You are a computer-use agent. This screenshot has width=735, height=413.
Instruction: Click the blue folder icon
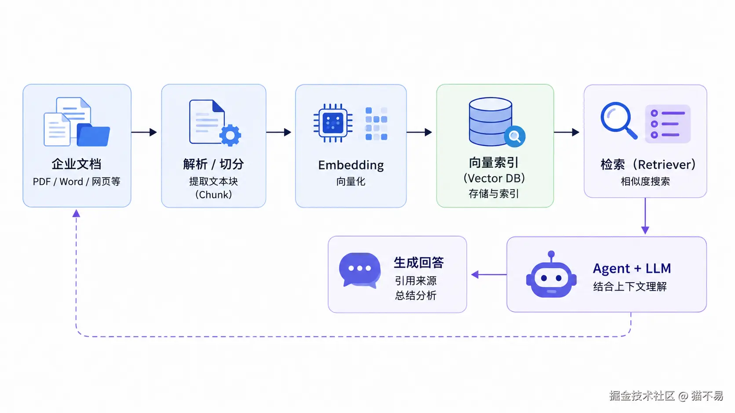point(93,135)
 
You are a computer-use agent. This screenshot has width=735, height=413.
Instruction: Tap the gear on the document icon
point(230,135)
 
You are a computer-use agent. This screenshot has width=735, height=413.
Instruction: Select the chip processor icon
point(333,123)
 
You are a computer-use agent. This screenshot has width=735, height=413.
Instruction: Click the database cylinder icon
point(490,122)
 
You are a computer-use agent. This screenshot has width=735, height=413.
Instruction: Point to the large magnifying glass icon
point(619,120)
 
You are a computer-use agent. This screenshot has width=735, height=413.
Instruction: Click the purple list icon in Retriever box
point(668,124)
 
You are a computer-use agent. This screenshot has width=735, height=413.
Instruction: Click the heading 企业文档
point(76,164)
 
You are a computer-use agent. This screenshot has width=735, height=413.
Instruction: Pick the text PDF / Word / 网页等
point(76,181)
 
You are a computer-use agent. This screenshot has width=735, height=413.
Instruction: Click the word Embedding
point(351,165)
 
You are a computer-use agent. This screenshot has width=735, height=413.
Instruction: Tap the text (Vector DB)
point(494,178)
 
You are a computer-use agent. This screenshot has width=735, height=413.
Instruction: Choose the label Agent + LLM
point(632,269)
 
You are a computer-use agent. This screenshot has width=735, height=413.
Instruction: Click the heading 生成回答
point(418,262)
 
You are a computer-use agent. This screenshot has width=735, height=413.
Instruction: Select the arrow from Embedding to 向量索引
point(419,132)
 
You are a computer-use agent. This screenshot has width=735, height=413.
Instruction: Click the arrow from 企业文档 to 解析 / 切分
point(144,132)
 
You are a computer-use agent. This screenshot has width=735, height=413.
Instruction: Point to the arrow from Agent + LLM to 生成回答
point(489,274)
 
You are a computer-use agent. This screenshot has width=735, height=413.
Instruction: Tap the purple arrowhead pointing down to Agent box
point(645,230)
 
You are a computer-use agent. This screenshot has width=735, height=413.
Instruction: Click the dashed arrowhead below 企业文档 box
point(76,214)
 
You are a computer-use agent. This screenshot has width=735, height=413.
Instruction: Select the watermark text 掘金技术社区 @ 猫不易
point(666,396)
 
